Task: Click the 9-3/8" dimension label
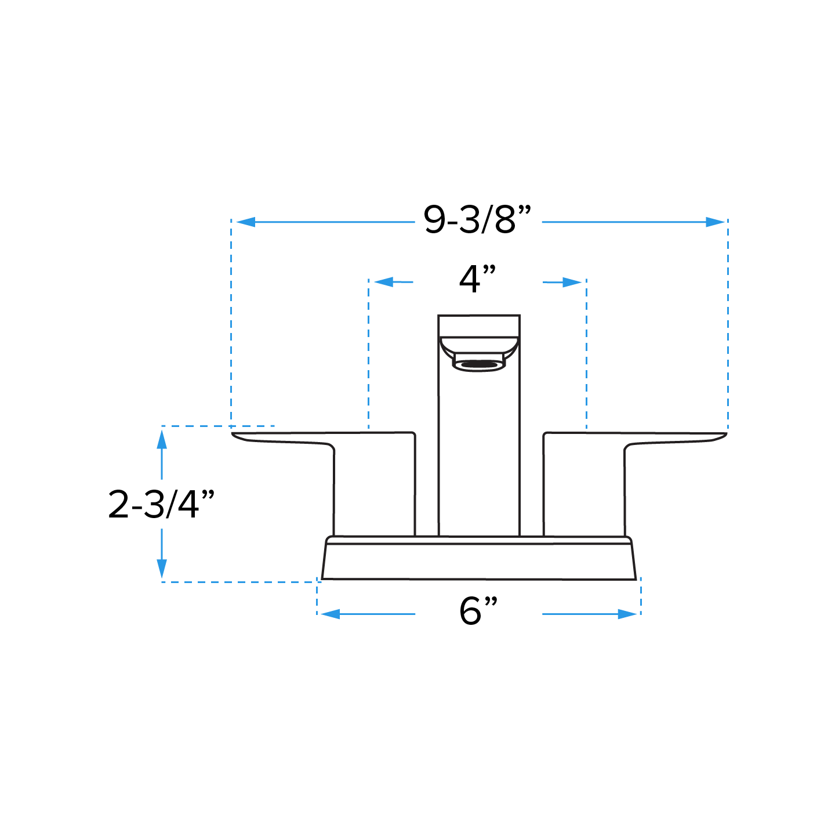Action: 477,219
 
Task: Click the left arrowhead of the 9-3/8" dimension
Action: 245,222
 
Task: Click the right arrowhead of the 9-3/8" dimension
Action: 716,222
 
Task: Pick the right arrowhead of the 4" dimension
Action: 572,283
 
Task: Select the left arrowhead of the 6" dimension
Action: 330,614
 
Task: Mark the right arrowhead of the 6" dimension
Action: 627,614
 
